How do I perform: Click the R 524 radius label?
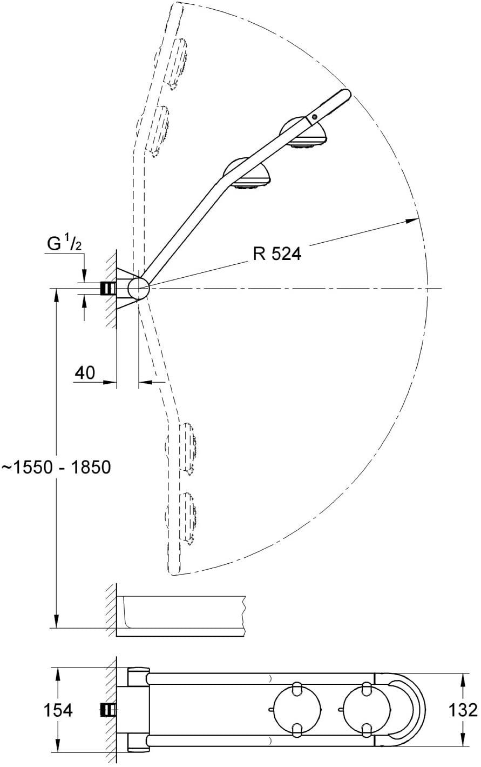tap(276, 254)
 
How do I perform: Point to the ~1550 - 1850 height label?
tap(56, 466)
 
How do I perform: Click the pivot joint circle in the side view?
tap(138, 288)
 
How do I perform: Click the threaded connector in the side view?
tap(109, 289)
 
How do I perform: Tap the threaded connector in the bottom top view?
tap(109, 710)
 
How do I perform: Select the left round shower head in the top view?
tap(296, 710)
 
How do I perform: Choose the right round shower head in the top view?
tap(365, 710)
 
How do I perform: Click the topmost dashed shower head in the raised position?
tap(175, 62)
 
